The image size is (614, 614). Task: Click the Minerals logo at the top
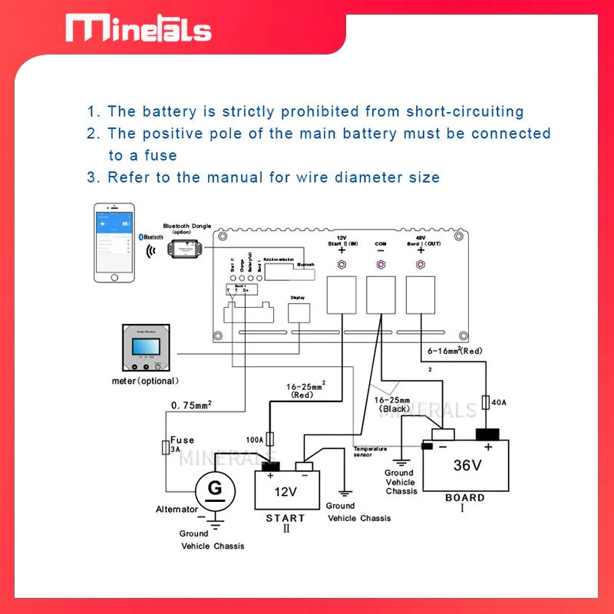138,28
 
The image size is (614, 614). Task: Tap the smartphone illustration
114,243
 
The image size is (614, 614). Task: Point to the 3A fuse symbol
165,447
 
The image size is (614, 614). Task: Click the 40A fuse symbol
485,402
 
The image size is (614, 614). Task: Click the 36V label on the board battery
467,465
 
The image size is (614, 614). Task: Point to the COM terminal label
381,244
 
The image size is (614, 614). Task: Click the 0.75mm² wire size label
190,404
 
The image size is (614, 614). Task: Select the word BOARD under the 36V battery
465,497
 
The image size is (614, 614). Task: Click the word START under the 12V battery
285,518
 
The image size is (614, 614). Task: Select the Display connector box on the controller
299,312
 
